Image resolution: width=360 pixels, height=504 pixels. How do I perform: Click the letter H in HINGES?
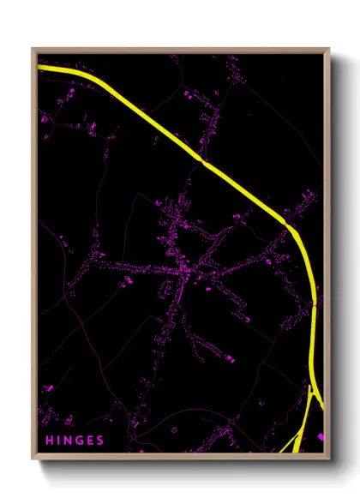pos(49,441)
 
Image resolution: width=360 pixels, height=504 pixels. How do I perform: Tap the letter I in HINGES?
pos(59,441)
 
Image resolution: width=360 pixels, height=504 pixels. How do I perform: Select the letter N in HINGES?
pos(69,441)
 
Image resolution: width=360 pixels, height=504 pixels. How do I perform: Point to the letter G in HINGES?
pos(80,441)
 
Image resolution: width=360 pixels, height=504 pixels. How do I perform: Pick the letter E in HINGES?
pos(91,441)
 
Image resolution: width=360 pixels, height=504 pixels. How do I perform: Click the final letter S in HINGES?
pos(101,441)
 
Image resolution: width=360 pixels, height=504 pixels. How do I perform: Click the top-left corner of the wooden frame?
pos(33,48)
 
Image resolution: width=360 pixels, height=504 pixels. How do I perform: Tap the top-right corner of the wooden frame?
pos(329,48)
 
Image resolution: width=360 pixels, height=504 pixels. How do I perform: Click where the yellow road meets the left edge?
pos(39,67)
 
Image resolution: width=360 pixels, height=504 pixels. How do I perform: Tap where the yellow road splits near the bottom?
pos(311,390)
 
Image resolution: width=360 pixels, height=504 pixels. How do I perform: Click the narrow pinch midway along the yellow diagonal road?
pos(203,159)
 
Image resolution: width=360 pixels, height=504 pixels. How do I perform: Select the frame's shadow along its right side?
pos(336,257)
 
